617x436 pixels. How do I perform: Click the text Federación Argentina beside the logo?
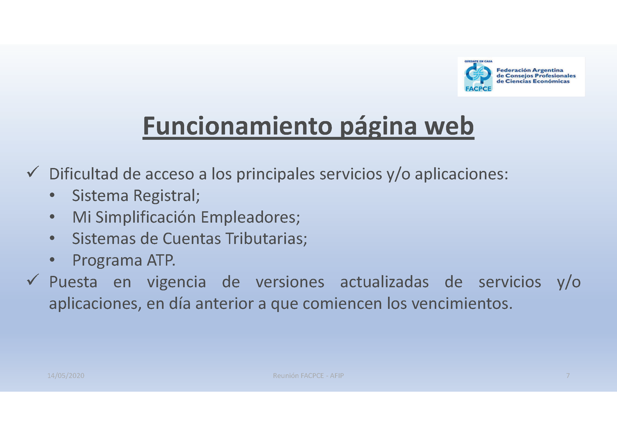[x=530, y=70]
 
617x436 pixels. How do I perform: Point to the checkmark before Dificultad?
[x=33, y=172]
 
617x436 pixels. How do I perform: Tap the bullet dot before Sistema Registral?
[x=52, y=195]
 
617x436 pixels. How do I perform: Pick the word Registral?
[x=167, y=195]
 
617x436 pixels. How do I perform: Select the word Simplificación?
[x=146, y=217]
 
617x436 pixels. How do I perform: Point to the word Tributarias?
[x=266, y=238]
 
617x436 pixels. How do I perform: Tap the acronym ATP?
[x=161, y=260]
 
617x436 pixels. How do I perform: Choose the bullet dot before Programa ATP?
[x=52, y=260]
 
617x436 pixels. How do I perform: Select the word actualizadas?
[x=385, y=282]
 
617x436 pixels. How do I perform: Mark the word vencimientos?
[x=462, y=304]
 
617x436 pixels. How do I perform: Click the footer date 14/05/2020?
[x=66, y=376]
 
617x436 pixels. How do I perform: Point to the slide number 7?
[x=568, y=376]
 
